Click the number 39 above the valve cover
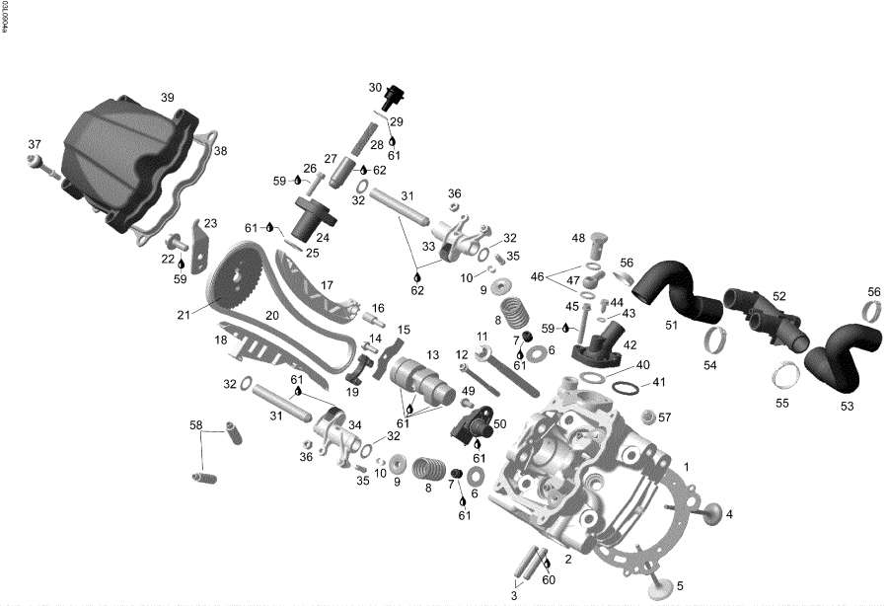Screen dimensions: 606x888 (x=167, y=98)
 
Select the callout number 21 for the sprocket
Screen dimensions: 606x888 (x=183, y=315)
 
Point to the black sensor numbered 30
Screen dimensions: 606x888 (x=398, y=98)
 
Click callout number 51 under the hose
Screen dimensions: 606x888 (x=672, y=323)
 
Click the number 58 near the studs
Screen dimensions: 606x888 (x=196, y=425)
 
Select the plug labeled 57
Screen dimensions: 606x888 (x=649, y=417)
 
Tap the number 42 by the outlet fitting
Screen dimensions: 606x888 (x=629, y=344)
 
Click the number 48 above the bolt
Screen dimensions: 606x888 (x=578, y=238)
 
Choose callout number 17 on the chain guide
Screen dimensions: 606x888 (x=328, y=286)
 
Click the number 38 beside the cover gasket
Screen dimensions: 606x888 (x=220, y=151)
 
